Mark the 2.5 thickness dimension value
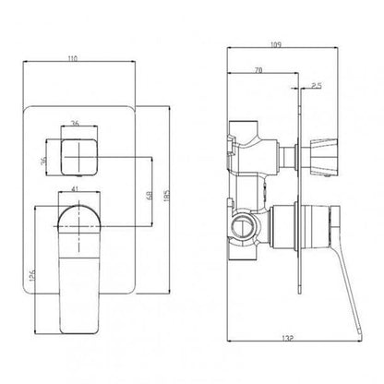coord(315,86)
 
